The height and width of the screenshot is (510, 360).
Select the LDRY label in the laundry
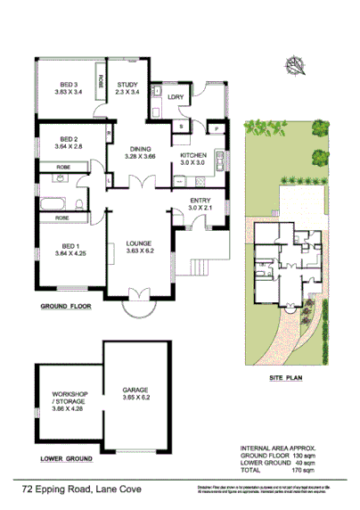175,95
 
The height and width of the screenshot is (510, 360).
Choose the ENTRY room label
200,201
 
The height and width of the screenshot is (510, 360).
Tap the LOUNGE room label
140,242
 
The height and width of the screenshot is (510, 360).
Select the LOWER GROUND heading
66,460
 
